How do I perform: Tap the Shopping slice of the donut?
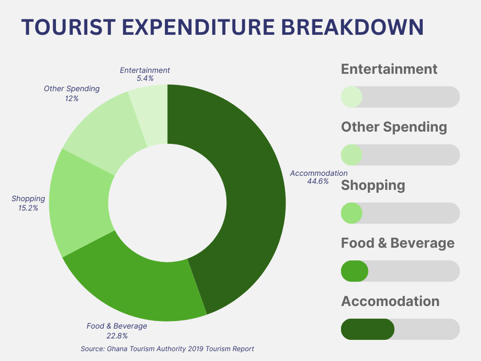click(x=79, y=203)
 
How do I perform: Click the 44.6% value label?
click(x=318, y=182)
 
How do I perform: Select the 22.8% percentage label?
click(x=117, y=336)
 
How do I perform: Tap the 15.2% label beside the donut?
click(x=28, y=208)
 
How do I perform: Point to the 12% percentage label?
click(x=72, y=99)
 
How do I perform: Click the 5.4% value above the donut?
click(x=145, y=78)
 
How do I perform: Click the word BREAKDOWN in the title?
click(x=353, y=27)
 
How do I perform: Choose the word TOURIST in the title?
click(x=68, y=27)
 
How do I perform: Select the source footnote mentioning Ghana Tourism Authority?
click(x=167, y=349)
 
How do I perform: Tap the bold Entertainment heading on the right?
click(x=389, y=69)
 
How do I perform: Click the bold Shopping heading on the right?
click(x=373, y=186)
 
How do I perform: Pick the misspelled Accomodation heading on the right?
click(x=390, y=301)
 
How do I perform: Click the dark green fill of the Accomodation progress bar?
click(x=367, y=330)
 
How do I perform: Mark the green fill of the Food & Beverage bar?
click(x=355, y=272)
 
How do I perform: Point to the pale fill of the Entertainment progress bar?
click(x=351, y=97)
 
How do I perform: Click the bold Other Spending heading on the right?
click(x=394, y=128)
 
